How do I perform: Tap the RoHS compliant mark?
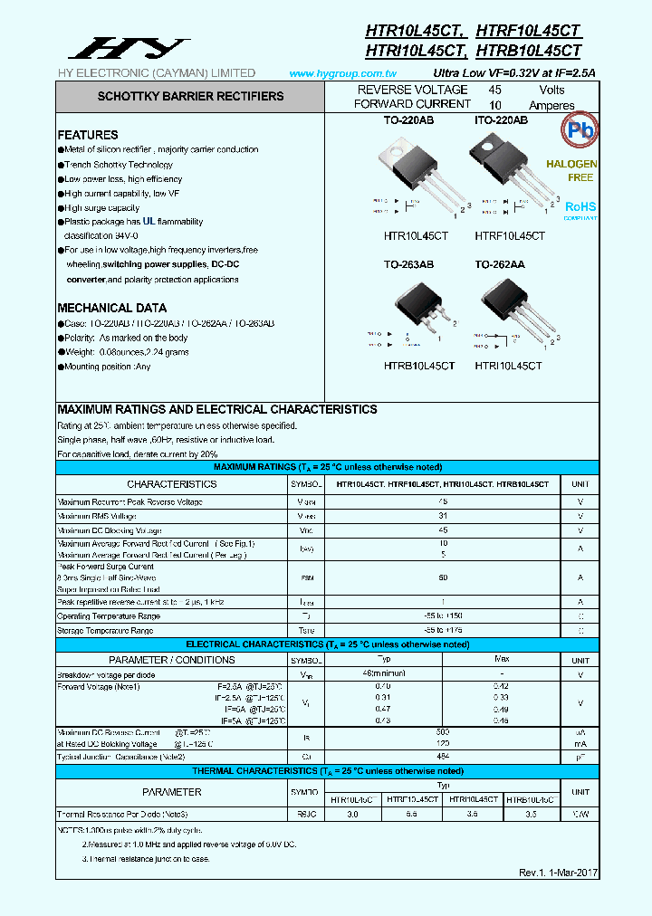[580, 208]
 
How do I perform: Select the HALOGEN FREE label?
[571, 171]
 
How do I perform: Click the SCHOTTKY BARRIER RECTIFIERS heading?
[190, 96]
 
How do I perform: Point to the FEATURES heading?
[88, 135]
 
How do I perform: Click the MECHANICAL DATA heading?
[111, 308]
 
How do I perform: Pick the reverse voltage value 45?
[495, 90]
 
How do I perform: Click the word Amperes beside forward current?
[551, 105]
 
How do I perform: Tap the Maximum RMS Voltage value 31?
[443, 516]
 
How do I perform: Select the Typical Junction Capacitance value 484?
[443, 756]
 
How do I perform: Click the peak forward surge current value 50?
[443, 577]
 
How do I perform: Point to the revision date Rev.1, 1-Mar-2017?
[557, 873]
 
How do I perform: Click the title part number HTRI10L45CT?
[416, 52]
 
